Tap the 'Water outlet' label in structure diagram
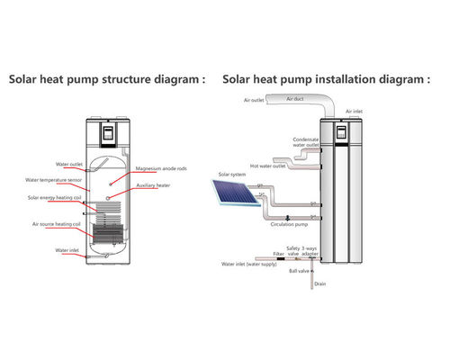(43, 165)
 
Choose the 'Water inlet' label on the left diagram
(42, 249)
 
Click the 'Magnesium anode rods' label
(162, 168)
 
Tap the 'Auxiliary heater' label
(153, 185)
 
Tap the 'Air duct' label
(294, 98)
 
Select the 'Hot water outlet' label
(268, 166)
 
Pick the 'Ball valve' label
(298, 270)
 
